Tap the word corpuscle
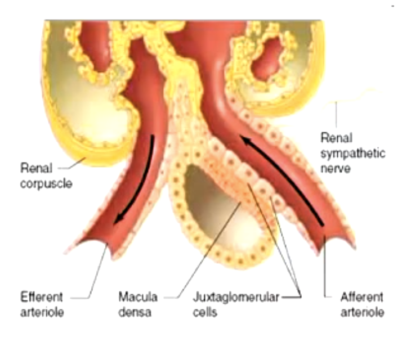[x=46, y=183]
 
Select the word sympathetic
[x=353, y=153]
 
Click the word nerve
[x=336, y=168]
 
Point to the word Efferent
[x=42, y=296]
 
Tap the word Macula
[x=138, y=296]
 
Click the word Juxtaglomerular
[x=236, y=296]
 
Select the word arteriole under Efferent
[x=42, y=312]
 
